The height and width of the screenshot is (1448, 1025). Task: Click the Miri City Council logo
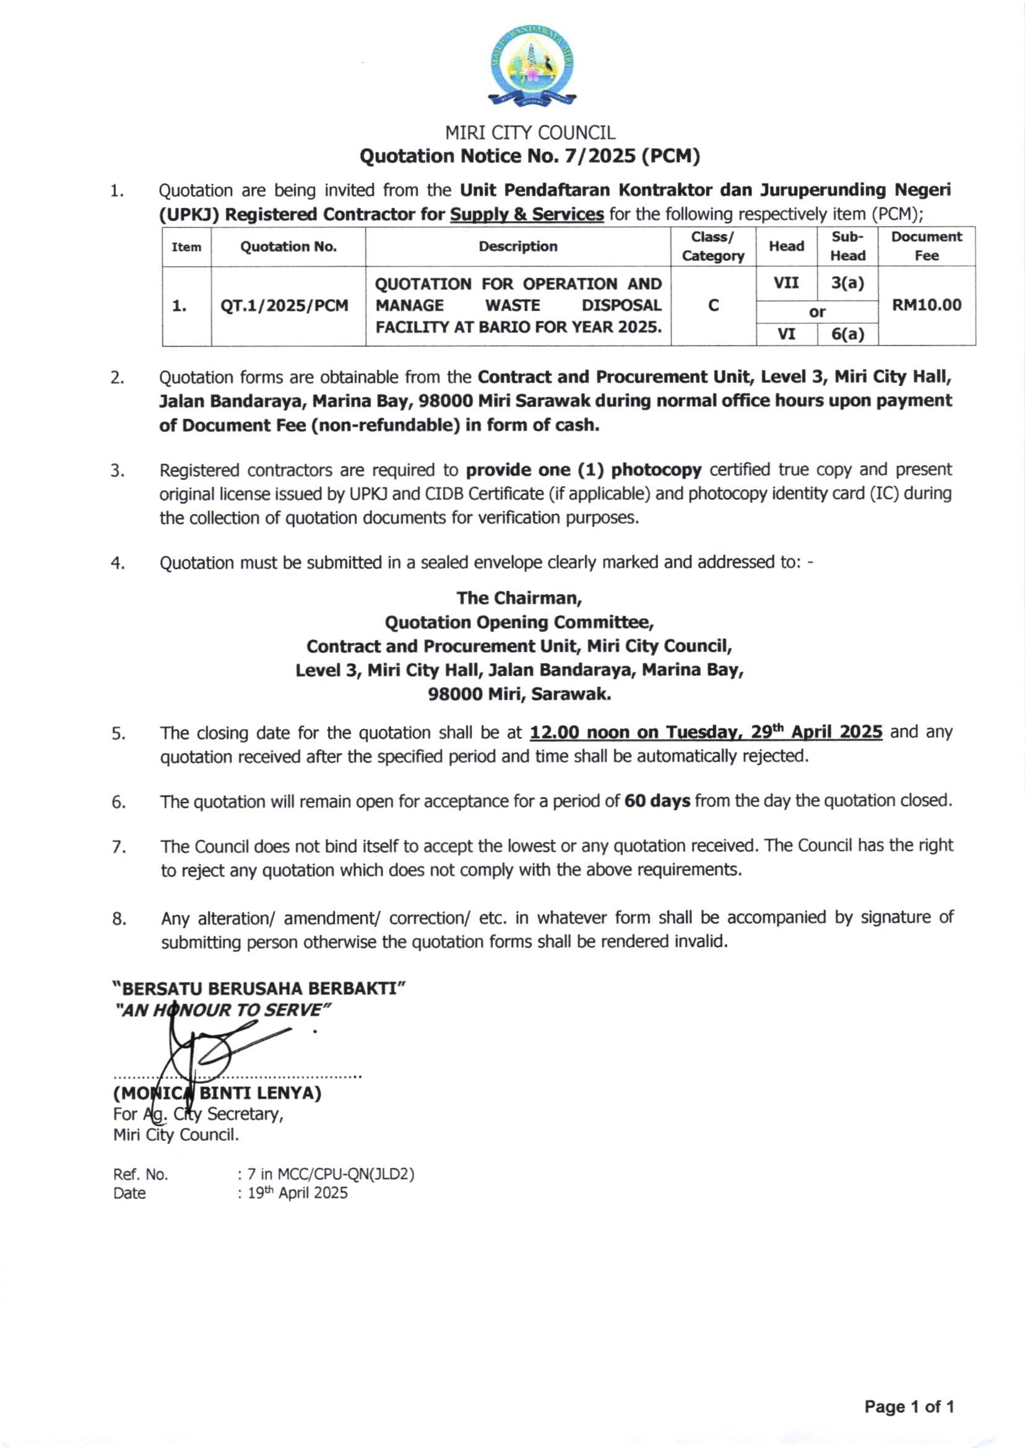[x=532, y=65]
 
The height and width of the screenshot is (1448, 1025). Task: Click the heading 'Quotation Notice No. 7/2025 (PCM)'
[x=530, y=156]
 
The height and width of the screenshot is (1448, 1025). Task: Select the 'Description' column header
[x=517, y=246]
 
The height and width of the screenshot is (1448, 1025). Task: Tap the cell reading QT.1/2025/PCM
[x=284, y=305]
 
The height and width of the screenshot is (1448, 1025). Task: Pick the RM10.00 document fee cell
[x=926, y=305]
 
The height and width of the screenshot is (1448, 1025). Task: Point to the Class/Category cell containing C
[x=713, y=305]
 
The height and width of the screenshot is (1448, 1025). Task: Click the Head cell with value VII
[x=786, y=283]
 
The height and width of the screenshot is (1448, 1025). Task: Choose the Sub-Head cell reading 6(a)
[x=847, y=333]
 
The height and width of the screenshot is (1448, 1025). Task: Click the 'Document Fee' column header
[x=926, y=246]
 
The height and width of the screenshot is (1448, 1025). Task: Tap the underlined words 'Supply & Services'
[x=526, y=215]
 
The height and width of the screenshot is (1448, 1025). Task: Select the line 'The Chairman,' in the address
[x=519, y=598]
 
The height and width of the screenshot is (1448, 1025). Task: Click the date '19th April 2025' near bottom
[x=296, y=1193]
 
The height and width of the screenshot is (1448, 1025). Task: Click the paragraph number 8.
[x=119, y=919]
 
